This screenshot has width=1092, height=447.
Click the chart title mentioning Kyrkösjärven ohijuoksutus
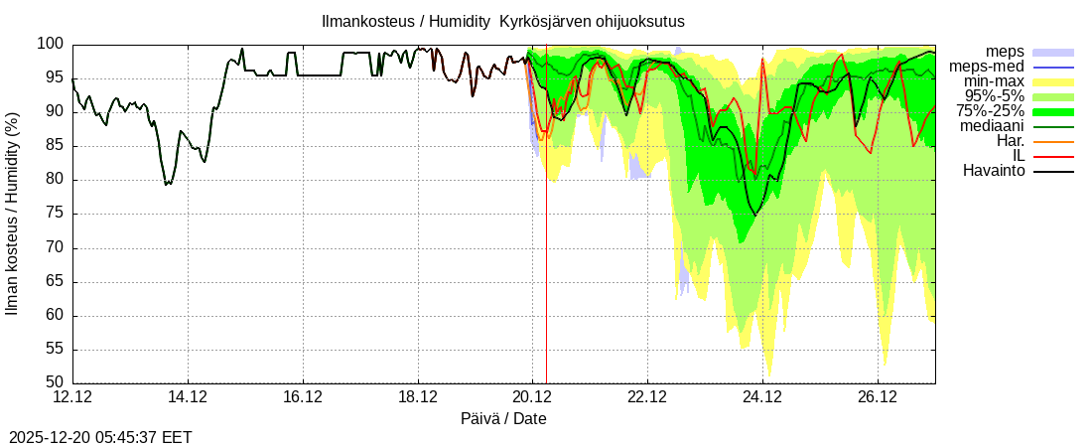click(502, 21)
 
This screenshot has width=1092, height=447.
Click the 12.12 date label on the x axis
click(72, 397)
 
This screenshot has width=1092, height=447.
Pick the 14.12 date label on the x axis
click(188, 397)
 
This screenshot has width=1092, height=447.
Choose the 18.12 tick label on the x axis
click(418, 397)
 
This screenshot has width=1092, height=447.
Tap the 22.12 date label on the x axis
click(647, 397)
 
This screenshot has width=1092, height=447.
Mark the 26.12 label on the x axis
click(878, 397)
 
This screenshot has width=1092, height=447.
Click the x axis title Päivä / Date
click(503, 419)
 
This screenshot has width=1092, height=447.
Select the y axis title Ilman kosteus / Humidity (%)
click(13, 214)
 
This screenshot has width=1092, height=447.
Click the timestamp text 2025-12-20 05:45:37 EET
click(100, 437)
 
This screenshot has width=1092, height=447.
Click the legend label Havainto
click(994, 171)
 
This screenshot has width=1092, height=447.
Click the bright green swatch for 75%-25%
click(1053, 111)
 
